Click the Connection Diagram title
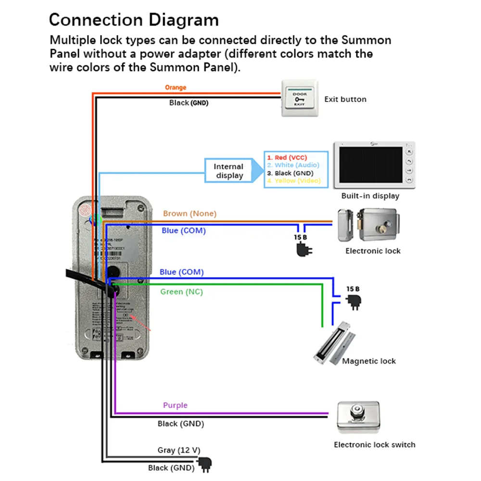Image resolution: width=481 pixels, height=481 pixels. click(x=134, y=20)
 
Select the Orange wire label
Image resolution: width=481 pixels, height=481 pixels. click(x=175, y=88)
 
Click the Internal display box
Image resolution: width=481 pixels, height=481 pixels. click(x=229, y=171)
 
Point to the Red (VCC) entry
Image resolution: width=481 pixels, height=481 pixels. click(x=287, y=158)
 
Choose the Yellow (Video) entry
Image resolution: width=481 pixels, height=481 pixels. click(x=293, y=181)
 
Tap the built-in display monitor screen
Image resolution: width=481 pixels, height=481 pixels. click(x=370, y=165)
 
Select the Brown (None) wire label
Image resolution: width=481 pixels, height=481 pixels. click(x=190, y=214)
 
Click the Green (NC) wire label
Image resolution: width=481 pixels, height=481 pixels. click(x=178, y=291)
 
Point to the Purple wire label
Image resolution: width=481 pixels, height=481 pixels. click(x=175, y=405)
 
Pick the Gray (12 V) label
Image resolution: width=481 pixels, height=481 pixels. click(x=178, y=450)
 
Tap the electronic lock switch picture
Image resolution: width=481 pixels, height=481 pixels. click(x=356, y=418)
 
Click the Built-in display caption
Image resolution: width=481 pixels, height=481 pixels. click(x=370, y=196)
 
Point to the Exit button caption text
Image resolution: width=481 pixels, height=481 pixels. click(x=345, y=100)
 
